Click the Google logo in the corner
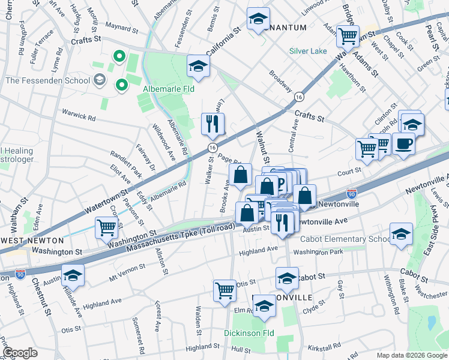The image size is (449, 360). point(20,353)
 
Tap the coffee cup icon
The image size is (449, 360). point(403,143)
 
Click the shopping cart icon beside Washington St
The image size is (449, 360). point(106,227)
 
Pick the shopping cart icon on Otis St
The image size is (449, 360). point(224,290)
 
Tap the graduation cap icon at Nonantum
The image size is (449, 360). point(258,19)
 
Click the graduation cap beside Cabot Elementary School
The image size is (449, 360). point(400,234)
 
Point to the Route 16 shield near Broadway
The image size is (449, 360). point(298,96)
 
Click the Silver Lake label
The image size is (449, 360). point(308,51)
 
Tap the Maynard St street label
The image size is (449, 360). point(122,26)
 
